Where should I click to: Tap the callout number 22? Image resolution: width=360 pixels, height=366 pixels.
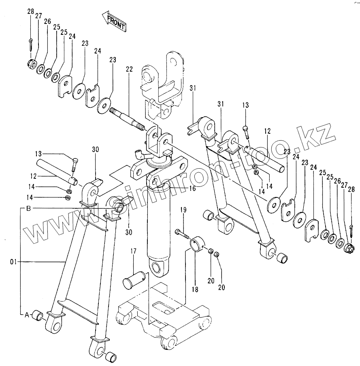(x=129, y=70)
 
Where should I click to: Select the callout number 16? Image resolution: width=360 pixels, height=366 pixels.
(x=192, y=189)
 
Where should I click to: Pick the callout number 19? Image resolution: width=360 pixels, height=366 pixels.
(x=183, y=210)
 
